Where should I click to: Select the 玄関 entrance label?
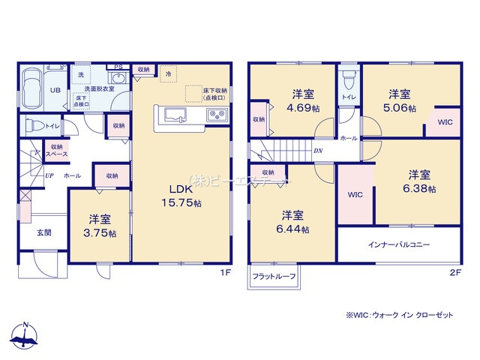click(x=44, y=232)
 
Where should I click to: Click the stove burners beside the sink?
click(x=215, y=115)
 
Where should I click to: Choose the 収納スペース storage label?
click(x=57, y=150)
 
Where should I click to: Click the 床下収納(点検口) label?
click(x=214, y=94)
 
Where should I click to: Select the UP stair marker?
click(x=48, y=175)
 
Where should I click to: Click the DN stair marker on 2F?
click(x=318, y=150)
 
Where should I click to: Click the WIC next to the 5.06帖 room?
click(x=445, y=122)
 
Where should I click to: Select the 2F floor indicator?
click(x=454, y=273)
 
